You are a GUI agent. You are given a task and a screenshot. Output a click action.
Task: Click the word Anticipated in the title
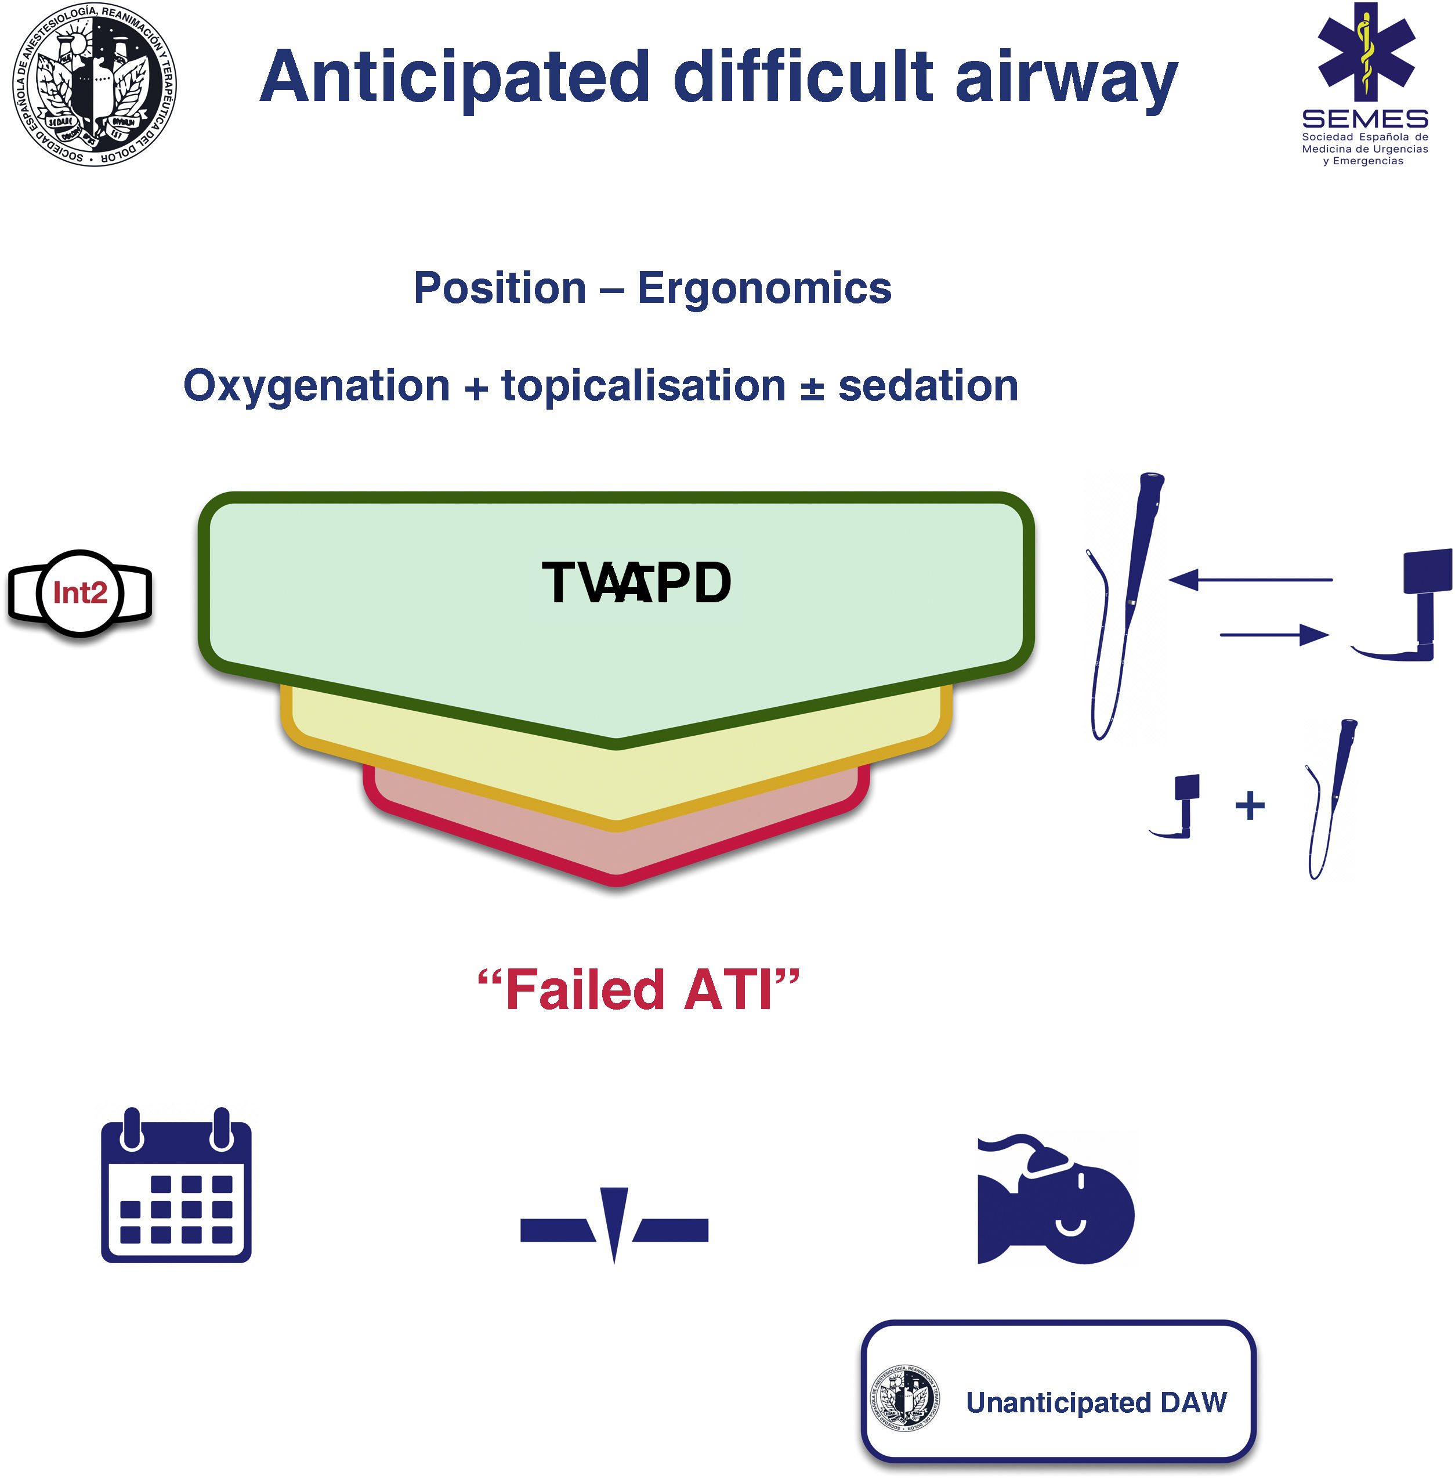point(455,78)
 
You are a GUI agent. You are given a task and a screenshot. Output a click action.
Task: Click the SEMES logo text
point(1365,120)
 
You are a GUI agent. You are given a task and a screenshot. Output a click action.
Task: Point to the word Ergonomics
point(764,288)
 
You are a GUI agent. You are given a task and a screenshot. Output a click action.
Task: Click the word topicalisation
point(643,385)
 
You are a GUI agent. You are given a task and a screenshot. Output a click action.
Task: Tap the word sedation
point(928,385)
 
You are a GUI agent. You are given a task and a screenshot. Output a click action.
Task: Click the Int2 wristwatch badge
point(80,592)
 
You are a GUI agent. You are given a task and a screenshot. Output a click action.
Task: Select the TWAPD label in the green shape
point(636,583)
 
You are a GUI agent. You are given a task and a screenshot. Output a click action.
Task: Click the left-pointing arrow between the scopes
point(1250,580)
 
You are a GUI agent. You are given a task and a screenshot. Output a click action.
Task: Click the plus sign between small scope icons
point(1250,805)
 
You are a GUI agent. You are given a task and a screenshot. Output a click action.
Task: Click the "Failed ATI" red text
point(638,990)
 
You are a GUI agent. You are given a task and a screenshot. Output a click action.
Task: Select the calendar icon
point(176,1185)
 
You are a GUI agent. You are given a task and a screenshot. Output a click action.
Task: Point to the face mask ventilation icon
point(1055,1200)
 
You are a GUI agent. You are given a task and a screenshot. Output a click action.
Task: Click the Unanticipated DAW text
point(1096,1402)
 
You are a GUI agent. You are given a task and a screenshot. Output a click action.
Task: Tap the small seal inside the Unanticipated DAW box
point(906,1399)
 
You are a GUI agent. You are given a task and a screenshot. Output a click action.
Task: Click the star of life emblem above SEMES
point(1366,52)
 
